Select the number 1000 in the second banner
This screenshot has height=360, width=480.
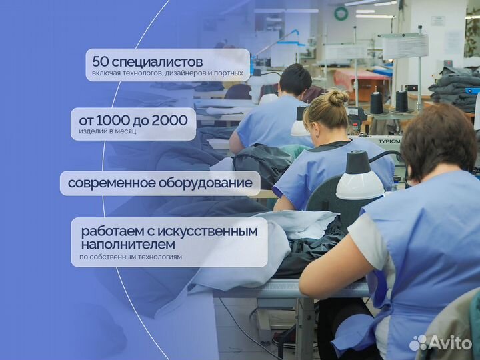(x=114, y=120)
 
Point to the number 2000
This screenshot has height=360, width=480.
(x=170, y=120)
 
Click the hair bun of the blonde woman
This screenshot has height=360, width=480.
(x=337, y=97)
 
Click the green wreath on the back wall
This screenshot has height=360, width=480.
(x=341, y=13)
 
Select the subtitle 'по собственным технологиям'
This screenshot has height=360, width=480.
(x=130, y=257)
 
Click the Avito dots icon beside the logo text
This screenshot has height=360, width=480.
(x=418, y=343)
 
